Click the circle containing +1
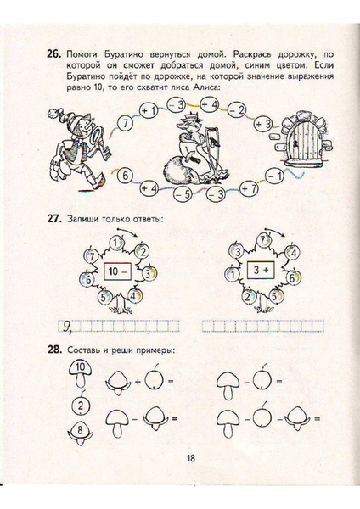(x=149, y=111)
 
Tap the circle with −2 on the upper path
(x=237, y=110)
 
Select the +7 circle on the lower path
(x=250, y=188)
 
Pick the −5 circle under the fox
(x=183, y=195)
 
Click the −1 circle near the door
(x=274, y=176)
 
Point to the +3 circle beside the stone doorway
(x=263, y=124)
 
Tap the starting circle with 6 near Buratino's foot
(x=125, y=176)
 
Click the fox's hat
(x=191, y=116)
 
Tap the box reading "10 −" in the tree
(x=117, y=271)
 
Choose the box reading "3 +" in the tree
(x=261, y=270)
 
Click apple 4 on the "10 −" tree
(x=135, y=296)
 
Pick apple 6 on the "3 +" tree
(x=291, y=278)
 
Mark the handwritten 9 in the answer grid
(x=66, y=327)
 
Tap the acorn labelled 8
(x=81, y=432)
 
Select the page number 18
(x=191, y=458)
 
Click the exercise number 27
(x=54, y=219)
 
